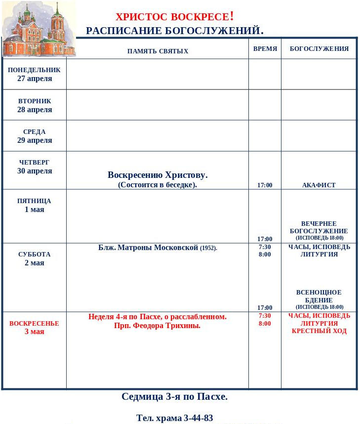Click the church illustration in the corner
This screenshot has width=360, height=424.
39,29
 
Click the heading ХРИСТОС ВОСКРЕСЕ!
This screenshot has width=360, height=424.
174,16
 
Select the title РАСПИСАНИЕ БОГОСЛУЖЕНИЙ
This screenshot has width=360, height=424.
174,31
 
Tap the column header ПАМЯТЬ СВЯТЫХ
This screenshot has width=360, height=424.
158,51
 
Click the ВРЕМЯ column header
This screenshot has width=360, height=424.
265,49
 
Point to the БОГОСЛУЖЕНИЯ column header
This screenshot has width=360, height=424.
319,49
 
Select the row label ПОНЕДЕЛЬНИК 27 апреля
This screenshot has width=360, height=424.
34,74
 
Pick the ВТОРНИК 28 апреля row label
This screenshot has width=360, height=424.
35,105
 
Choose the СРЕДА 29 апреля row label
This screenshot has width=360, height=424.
35,136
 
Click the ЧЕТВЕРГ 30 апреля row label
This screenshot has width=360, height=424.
35,167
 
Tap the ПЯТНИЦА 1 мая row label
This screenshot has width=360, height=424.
35,205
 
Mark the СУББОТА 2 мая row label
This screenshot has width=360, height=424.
35,258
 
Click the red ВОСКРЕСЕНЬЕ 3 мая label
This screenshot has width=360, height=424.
34,327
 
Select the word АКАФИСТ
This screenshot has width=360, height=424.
319,185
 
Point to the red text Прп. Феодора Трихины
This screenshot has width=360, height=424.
157,326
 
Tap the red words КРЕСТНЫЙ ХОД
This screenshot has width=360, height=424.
319,331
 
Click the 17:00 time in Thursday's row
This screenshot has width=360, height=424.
265,185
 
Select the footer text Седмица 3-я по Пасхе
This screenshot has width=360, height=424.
174,396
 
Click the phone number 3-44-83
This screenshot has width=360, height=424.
198,418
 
